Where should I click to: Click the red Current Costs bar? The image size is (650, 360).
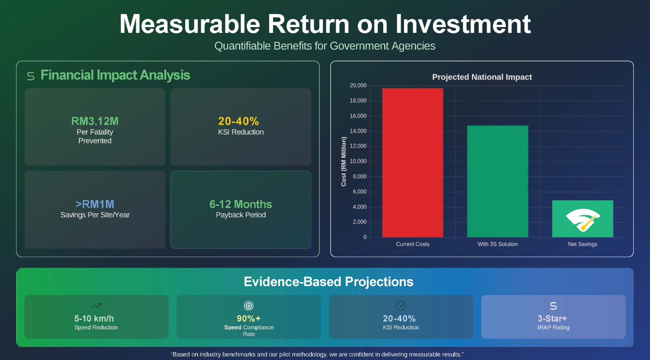pos(412,163)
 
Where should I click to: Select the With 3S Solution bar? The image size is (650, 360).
pos(497,181)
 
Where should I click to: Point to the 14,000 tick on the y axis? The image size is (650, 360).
pos(358,131)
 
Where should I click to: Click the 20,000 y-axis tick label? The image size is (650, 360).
pos(358,85)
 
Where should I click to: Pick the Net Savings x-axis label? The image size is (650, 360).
pos(582,244)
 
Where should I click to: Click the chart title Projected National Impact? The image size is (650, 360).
pos(482,77)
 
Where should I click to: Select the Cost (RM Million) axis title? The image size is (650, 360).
pos(344,161)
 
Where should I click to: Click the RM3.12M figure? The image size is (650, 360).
pos(95,121)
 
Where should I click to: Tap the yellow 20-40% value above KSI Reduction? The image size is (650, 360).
pos(239,121)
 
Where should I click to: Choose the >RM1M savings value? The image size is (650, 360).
pos(95,204)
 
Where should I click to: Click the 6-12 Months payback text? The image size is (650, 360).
pos(241,204)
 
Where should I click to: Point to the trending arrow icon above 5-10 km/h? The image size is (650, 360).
pos(96,306)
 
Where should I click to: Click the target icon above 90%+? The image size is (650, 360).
pos(249,306)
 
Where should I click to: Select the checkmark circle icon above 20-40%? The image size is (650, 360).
pos(401,306)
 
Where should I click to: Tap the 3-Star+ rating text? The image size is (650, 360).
pos(552,318)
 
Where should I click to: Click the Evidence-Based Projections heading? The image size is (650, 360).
pos(329,282)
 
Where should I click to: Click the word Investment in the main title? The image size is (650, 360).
pos(463,24)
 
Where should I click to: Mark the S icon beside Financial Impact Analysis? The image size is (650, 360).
pos(31,76)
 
